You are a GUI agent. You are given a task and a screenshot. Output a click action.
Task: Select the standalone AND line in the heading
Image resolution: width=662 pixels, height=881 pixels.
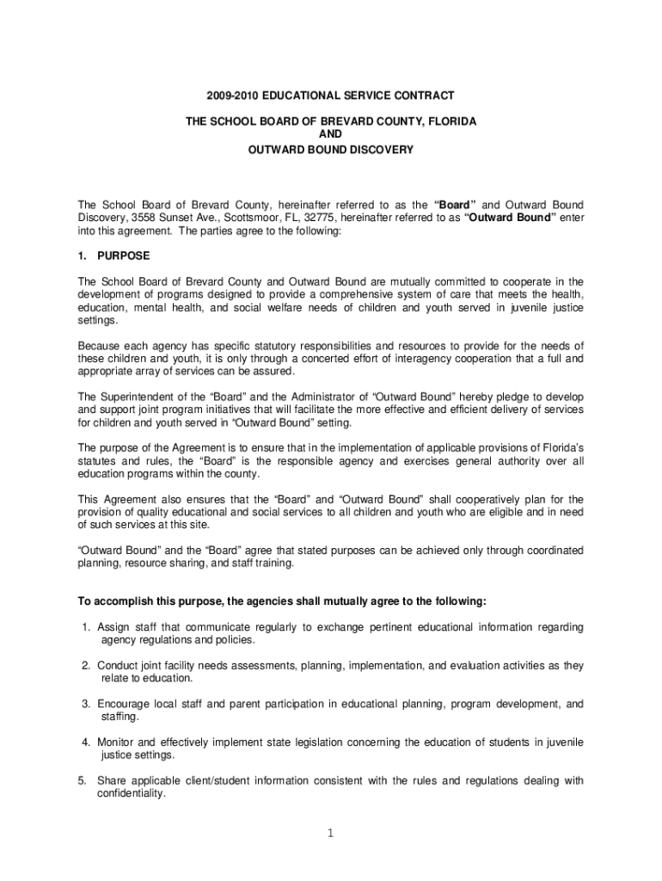pos(331,136)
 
